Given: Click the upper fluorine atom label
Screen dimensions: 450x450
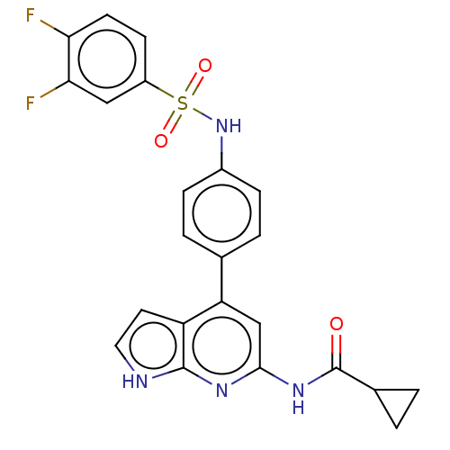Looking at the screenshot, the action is tap(31, 15).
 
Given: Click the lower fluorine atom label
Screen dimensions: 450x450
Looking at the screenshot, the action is tap(31, 103).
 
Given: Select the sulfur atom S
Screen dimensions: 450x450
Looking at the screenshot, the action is tap(183, 103).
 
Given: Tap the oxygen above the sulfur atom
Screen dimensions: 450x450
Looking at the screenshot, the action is tap(205, 66).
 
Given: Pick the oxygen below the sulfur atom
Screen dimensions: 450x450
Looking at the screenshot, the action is tap(161, 140).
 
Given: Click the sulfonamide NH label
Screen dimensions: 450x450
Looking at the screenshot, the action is tap(229, 126).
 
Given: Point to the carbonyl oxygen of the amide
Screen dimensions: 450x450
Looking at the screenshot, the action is tap(337, 324).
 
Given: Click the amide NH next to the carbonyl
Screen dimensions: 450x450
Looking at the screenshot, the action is tap(298, 399).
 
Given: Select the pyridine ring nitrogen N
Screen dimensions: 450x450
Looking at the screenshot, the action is tap(221, 391).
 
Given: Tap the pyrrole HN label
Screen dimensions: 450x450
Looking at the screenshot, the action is tap(135, 382).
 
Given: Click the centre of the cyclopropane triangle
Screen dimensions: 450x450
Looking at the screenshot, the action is tap(397, 402).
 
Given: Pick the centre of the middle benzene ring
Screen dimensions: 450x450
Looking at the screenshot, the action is tap(221, 213).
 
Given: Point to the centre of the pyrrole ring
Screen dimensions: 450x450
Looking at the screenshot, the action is tap(153, 346).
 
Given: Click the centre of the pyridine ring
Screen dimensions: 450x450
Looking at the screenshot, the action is tap(221, 346).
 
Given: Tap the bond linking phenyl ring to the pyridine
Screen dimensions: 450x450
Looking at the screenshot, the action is tap(221, 279).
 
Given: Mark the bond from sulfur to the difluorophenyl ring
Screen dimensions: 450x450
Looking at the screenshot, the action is tap(159, 89).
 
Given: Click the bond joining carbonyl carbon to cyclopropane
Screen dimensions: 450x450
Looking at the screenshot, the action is tap(355, 379).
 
